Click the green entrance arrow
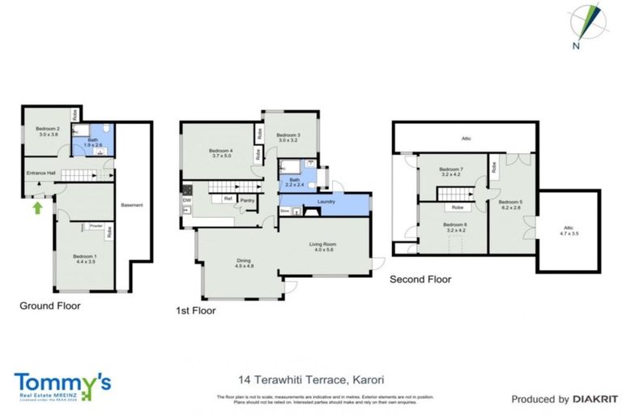click(x=36, y=209)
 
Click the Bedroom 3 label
click(x=288, y=138)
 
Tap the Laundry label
click(x=326, y=201)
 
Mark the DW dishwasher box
click(x=187, y=200)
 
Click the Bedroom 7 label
click(x=451, y=170)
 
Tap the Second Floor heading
click(x=420, y=280)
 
